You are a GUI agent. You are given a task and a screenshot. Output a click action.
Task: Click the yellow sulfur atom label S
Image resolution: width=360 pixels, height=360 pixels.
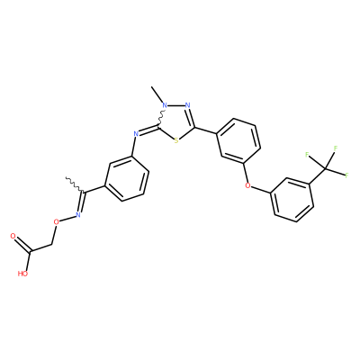(176, 140)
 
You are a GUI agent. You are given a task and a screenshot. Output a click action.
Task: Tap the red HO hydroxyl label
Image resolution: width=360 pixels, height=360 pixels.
(22, 274)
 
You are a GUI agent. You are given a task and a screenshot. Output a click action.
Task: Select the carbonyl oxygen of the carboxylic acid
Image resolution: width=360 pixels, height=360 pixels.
(13, 236)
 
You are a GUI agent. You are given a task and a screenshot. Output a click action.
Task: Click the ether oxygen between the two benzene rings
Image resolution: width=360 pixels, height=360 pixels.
(247, 185)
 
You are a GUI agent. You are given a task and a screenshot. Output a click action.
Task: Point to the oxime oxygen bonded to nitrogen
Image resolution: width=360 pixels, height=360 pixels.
(56, 222)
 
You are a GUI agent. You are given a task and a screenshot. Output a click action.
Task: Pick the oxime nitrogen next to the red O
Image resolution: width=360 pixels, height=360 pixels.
(78, 214)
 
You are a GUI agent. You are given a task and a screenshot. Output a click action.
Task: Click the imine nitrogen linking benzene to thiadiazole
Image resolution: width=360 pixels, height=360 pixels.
(136, 134)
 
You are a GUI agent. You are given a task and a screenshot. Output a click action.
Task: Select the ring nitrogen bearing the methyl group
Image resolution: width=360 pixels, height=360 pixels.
(165, 105)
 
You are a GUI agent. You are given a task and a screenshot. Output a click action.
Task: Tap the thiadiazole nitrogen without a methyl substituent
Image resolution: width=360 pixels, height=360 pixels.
(188, 105)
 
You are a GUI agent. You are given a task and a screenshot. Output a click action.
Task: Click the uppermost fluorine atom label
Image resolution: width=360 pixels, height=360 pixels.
(336, 148)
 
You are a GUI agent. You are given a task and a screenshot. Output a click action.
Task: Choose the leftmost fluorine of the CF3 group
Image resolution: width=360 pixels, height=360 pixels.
(307, 155)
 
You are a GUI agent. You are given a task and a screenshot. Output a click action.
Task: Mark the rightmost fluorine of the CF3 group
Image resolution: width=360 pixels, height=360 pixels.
(347, 175)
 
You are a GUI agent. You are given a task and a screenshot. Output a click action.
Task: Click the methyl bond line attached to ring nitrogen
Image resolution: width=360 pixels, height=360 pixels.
(157, 94)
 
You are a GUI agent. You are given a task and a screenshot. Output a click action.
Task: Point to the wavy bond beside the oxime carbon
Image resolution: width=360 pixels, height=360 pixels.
(75, 184)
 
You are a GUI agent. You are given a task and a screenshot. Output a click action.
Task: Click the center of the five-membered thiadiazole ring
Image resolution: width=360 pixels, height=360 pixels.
(177, 121)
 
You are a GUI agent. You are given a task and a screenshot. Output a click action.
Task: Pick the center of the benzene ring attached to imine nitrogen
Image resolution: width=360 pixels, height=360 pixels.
(125, 178)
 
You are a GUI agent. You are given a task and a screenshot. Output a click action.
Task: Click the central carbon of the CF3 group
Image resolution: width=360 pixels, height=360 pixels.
(326, 168)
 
